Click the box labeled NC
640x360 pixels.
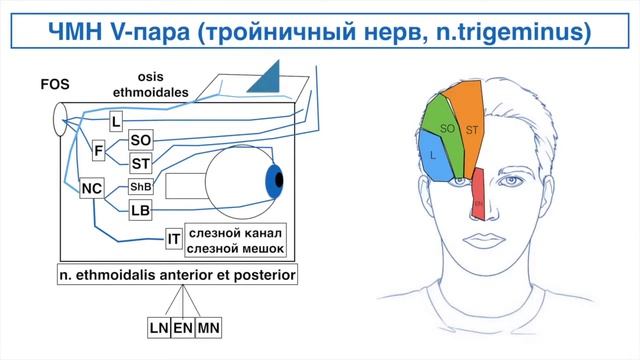(92, 187)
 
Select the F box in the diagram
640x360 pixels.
(98, 151)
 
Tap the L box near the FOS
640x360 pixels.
(117, 122)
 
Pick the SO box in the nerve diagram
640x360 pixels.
(141, 142)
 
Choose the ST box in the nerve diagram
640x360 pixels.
(141, 163)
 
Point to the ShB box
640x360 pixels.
(141, 187)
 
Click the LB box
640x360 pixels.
(141, 210)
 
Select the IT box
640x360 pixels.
(174, 238)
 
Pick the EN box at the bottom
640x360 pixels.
(182, 327)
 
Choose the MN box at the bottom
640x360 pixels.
(209, 327)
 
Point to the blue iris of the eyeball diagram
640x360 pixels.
(273, 182)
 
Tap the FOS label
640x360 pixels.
(53, 86)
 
